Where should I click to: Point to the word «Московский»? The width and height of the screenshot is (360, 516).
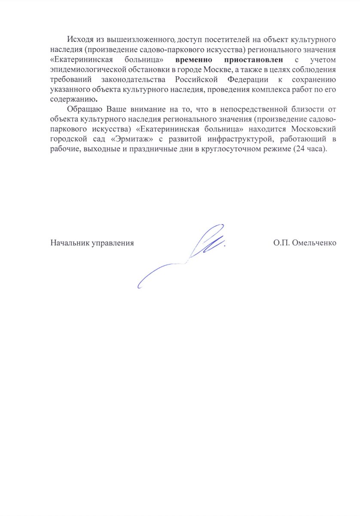coord(313,129)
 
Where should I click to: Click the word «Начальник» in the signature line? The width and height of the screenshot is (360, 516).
coord(68,243)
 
